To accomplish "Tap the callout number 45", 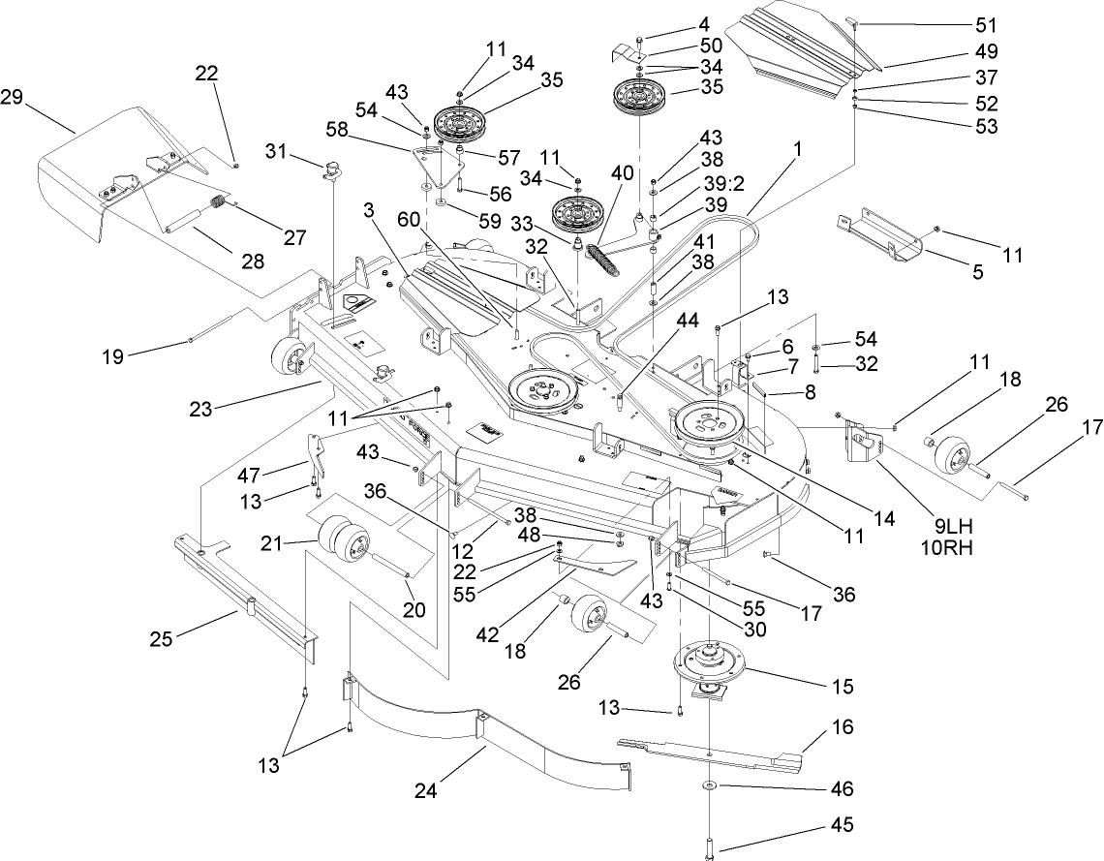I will (x=842, y=826).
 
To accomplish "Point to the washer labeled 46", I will (x=711, y=785).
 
